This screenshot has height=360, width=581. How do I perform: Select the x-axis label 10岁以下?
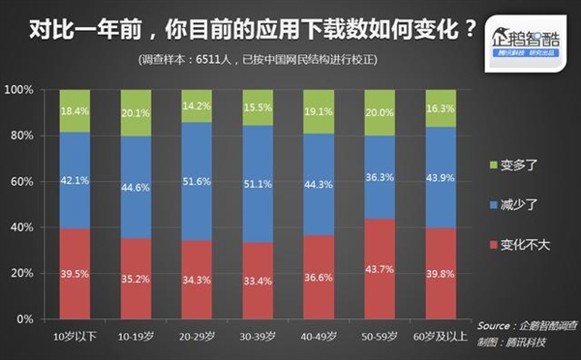point(74,336)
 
